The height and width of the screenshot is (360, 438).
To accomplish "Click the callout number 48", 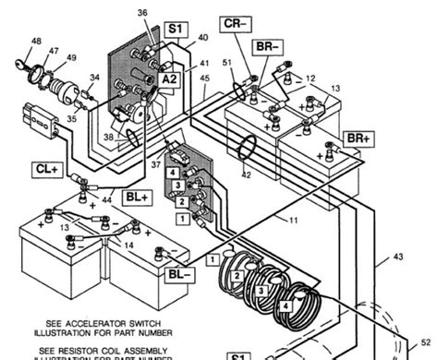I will tap(36, 41).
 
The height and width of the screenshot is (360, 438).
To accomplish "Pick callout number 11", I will tap(295, 222).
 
